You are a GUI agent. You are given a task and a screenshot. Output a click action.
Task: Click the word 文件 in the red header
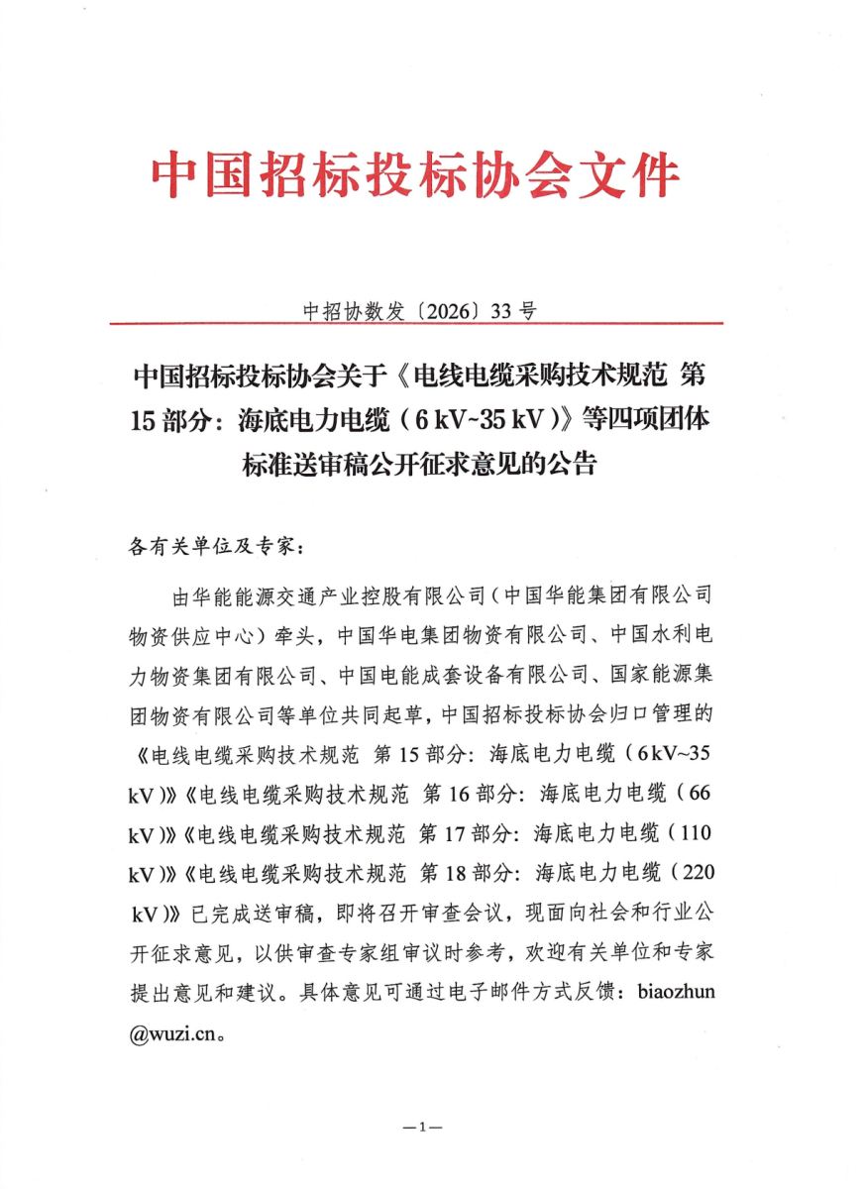click(634, 177)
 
